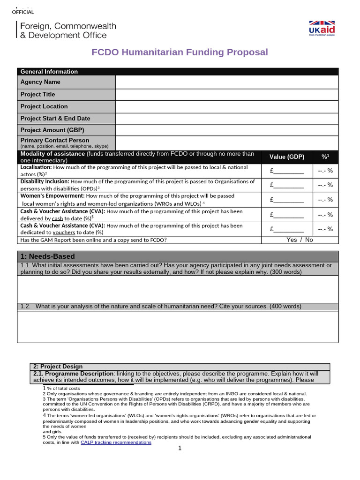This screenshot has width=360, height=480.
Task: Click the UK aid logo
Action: (x=322, y=28)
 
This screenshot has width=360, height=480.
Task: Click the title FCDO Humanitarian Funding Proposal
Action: (x=180, y=52)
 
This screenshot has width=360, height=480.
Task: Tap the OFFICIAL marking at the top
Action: (x=22, y=12)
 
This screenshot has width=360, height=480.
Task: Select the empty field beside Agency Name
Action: (x=226, y=82)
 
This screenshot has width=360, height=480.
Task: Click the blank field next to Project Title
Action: (x=226, y=94)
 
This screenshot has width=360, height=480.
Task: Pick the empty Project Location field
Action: (x=226, y=106)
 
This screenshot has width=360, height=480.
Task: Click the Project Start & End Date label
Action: (x=55, y=119)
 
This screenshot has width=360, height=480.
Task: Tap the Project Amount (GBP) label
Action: (x=52, y=130)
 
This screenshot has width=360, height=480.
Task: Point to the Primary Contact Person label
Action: (x=55, y=140)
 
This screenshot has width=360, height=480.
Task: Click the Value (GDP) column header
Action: (x=287, y=157)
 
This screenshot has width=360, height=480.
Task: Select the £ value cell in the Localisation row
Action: (x=287, y=171)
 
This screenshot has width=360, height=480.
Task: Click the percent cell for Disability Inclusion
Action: (x=325, y=185)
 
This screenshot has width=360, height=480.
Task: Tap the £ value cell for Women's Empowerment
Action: (x=287, y=200)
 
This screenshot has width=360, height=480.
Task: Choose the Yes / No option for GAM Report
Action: (x=300, y=240)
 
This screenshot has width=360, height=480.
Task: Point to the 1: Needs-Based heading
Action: (x=48, y=256)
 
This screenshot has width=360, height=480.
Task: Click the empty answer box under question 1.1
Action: (x=178, y=289)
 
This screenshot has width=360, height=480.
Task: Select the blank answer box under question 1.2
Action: (x=178, y=327)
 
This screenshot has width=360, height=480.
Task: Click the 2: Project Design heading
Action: (x=58, y=367)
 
